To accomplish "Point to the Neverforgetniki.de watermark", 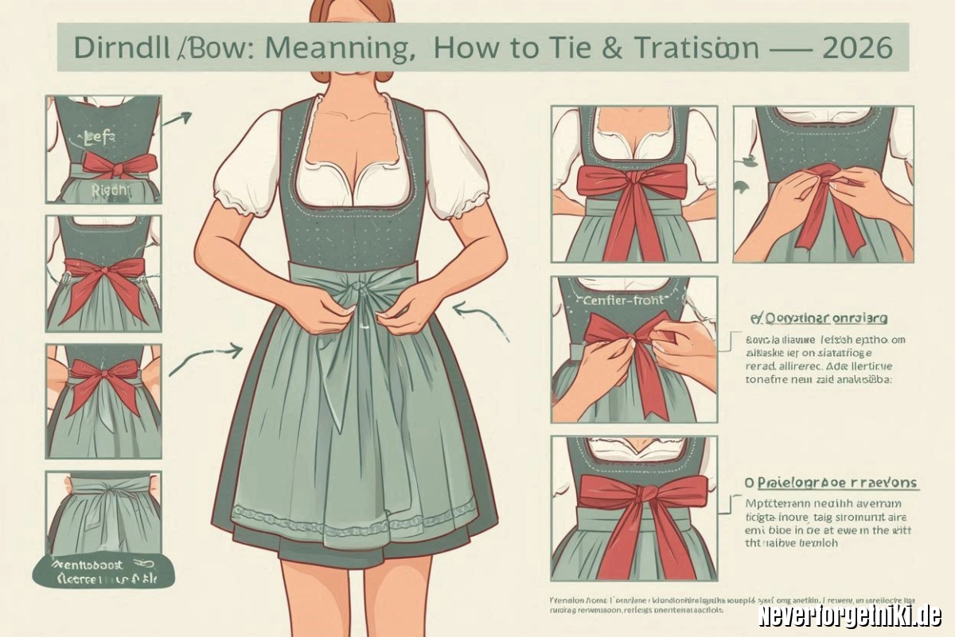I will coord(849,615).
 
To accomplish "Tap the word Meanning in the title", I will coord(334,48).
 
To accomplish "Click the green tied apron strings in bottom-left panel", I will coord(103,498).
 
